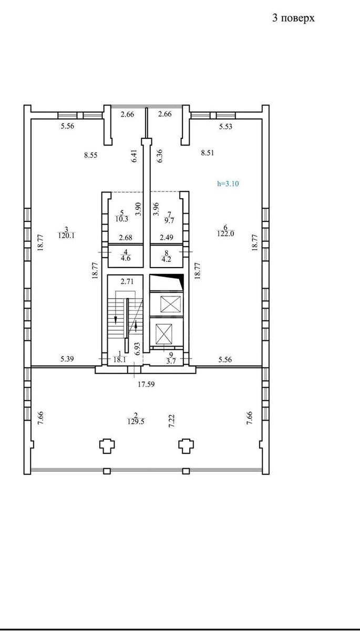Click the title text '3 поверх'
pyautogui.click(x=293, y=18)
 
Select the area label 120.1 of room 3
pyautogui.click(x=66, y=236)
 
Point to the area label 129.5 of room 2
pyautogui.click(x=136, y=421)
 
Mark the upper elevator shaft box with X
pyautogui.click(x=167, y=304)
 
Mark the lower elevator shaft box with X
pyautogui.click(x=167, y=332)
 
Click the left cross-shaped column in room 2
pyautogui.click(x=107, y=446)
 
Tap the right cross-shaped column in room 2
pyautogui.click(x=186, y=446)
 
